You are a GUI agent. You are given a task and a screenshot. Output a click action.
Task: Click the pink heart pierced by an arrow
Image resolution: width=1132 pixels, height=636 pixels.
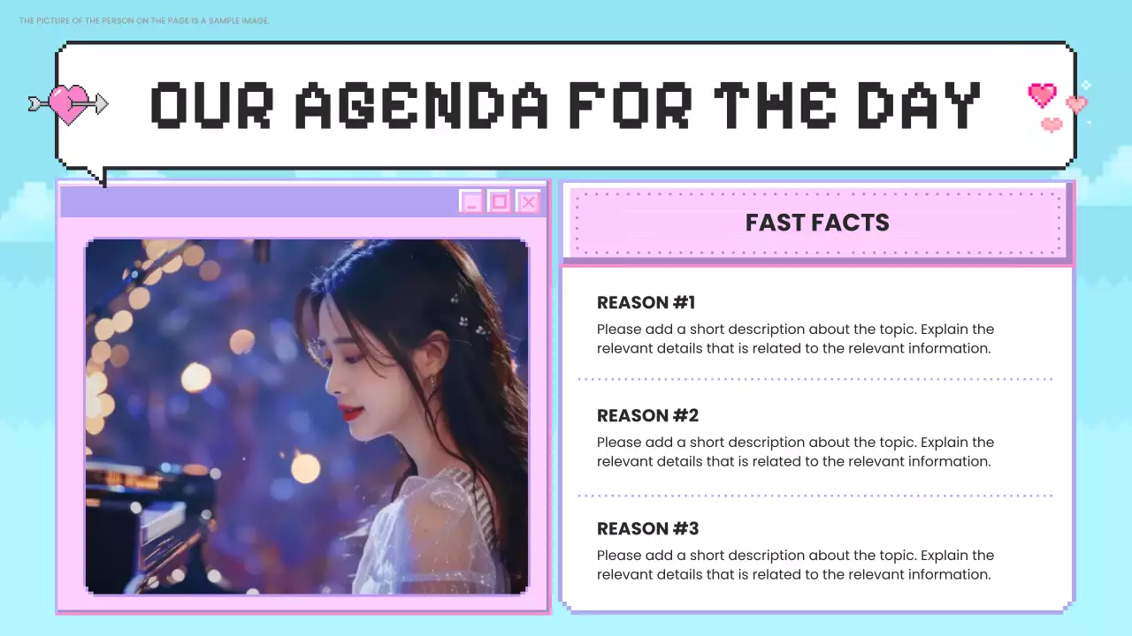pyautogui.click(x=69, y=104)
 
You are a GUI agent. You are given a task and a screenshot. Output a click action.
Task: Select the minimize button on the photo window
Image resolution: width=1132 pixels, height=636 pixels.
pyautogui.click(x=471, y=202)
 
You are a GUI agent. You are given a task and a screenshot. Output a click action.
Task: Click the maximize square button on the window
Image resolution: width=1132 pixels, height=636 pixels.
pyautogui.click(x=500, y=202)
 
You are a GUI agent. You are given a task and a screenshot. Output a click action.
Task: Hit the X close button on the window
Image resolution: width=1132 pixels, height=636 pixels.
pyautogui.click(x=528, y=202)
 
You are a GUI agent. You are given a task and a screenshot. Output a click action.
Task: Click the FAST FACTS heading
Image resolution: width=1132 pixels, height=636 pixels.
pyautogui.click(x=817, y=223)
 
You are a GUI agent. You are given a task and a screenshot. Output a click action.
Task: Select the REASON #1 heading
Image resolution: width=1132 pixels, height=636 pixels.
pyautogui.click(x=646, y=303)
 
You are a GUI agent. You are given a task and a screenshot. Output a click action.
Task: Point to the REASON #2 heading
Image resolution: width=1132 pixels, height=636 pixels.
pyautogui.click(x=647, y=416)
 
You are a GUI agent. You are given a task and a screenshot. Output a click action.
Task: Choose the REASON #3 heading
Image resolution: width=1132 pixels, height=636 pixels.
pyautogui.click(x=647, y=529)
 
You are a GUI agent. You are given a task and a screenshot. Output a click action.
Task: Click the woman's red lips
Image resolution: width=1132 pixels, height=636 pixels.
pyautogui.click(x=350, y=413)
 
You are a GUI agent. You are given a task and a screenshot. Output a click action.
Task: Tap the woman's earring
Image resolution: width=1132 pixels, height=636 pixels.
pyautogui.click(x=432, y=381)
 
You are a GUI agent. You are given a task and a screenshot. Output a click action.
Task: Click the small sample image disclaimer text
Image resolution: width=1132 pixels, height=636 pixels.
pyautogui.click(x=144, y=20)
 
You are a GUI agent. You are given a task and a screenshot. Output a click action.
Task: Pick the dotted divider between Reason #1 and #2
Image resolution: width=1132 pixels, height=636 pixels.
pyautogui.click(x=815, y=379)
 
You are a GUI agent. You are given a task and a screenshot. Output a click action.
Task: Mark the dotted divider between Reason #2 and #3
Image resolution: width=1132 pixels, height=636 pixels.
pyautogui.click(x=815, y=496)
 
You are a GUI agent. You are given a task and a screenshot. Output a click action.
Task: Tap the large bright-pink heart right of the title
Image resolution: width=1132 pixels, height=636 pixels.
pyautogui.click(x=1043, y=94)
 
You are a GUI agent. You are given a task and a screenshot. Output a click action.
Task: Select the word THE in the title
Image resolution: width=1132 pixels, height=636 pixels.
pyautogui.click(x=775, y=105)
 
